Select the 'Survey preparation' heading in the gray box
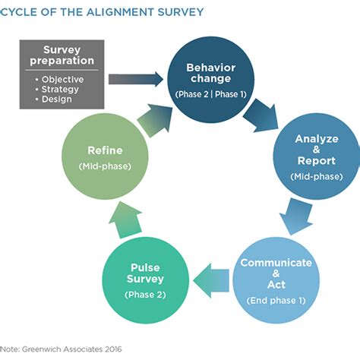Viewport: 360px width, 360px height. (63, 55)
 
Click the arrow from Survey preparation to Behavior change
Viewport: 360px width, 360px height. (136, 77)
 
